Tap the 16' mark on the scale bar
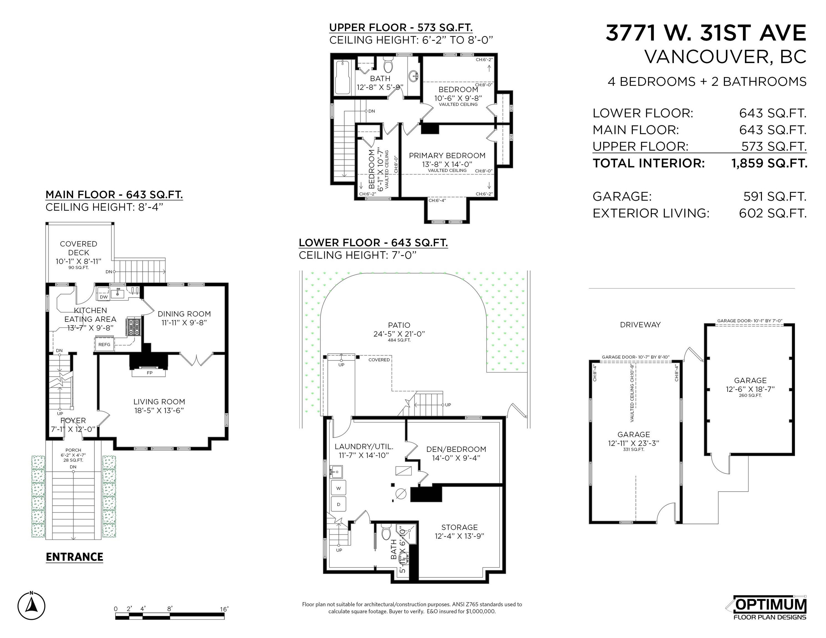(x=224, y=609)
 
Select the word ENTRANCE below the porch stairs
(x=75, y=557)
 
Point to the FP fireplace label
(x=149, y=373)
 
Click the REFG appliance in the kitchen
(x=104, y=344)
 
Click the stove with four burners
(x=134, y=327)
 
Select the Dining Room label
(x=184, y=314)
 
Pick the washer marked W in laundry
(x=339, y=488)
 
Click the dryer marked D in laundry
(x=339, y=504)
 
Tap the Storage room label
(x=459, y=527)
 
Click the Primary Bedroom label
(x=447, y=155)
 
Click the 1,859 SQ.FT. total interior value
(x=769, y=163)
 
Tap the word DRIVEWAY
(x=640, y=325)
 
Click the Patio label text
(x=399, y=325)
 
